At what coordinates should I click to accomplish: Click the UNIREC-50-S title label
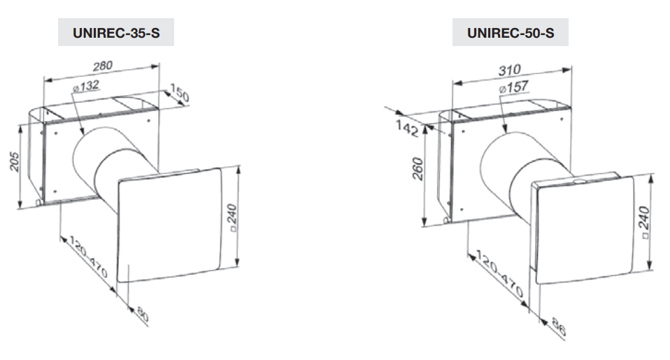pyautogui.click(x=510, y=32)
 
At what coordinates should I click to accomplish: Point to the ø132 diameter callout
pyautogui.click(x=85, y=85)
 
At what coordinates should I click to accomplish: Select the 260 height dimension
pyautogui.click(x=418, y=168)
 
